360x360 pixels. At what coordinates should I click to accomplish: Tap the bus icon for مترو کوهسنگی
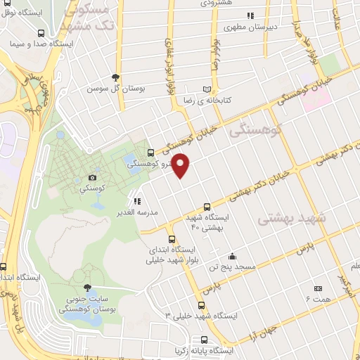coord(150,153)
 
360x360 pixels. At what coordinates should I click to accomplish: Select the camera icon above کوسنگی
coord(92,177)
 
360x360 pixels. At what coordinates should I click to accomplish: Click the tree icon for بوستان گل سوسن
coord(116,77)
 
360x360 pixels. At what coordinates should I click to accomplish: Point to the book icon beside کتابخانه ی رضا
coord(206,89)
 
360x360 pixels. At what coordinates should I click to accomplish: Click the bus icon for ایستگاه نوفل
coord(43,32)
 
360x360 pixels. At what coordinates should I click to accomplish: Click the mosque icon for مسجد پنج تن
coord(232,256)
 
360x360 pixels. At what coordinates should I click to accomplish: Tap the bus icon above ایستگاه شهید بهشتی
coord(206,207)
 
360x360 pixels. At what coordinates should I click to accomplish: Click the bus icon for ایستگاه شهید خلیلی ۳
coord(201,305)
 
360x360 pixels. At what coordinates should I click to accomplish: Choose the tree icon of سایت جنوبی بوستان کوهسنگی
coord(87,288)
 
